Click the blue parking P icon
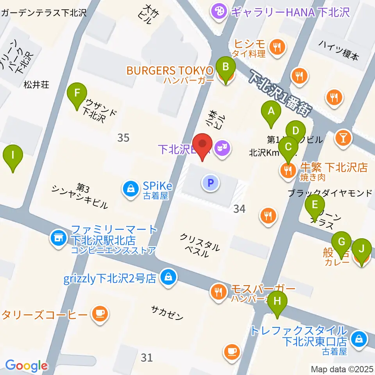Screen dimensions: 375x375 coord(211,182)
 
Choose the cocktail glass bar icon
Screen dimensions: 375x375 coord(343,137)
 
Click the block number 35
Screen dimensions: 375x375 coord(123,137)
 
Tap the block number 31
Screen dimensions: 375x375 coord(146,357)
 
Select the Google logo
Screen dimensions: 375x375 coord(26,366)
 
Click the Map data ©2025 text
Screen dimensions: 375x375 coord(342,369)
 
